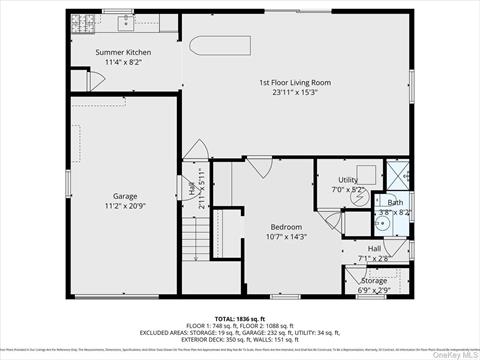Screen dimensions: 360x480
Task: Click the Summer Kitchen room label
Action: [x=124, y=51]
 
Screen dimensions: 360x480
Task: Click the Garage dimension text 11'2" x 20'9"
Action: [x=125, y=206]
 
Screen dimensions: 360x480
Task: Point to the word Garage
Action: [x=125, y=196]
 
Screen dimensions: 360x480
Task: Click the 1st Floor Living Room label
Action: [x=295, y=82]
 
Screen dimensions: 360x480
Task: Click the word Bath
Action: [x=396, y=203]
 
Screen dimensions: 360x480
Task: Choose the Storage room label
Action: [x=374, y=281]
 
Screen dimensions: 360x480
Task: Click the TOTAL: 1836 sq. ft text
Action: [x=240, y=317]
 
